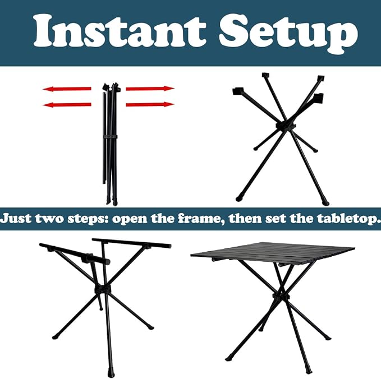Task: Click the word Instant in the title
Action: pyautogui.click(x=120, y=31)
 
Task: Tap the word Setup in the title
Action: pyautogui.click(x=288, y=33)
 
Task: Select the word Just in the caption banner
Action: pyautogui.click(x=16, y=219)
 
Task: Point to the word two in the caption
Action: pyautogui.click(x=51, y=219)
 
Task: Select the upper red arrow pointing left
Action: pyautogui.click(x=67, y=89)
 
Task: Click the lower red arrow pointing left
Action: pyautogui.click(x=67, y=105)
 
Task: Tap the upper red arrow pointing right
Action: pyautogui.click(x=150, y=89)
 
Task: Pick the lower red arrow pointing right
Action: pyautogui.click(x=150, y=104)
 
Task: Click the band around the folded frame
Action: pyautogui.click(x=111, y=136)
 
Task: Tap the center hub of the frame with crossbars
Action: pyautogui.click(x=102, y=289)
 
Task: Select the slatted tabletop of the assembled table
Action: pyautogui.click(x=273, y=251)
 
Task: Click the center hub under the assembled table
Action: pyautogui.click(x=281, y=297)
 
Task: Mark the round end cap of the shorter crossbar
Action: pyautogui.click(x=107, y=262)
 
